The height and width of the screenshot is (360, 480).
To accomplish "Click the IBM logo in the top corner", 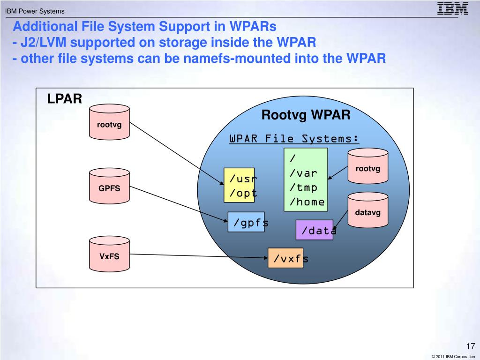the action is tap(452, 8).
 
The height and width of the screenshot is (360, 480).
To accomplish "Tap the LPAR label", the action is tap(65, 99).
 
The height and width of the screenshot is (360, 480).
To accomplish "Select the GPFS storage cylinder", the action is tap(109, 186).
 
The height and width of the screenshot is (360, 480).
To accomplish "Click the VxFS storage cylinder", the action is tap(109, 254).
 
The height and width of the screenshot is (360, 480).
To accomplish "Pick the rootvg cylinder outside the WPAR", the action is tap(109, 122).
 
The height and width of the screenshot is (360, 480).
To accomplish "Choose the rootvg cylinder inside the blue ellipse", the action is tap(368, 166).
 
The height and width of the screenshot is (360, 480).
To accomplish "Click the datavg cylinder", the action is tap(368, 210).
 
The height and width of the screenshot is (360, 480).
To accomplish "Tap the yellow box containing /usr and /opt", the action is tap(239, 185).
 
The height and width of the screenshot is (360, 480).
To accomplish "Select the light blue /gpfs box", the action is tap(246, 222).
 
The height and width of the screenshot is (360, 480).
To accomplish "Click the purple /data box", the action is tap(315, 230).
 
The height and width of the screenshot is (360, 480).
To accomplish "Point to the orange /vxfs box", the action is tap(285, 258).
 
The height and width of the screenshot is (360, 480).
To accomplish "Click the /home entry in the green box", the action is tap(307, 202).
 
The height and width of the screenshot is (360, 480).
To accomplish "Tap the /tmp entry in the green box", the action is tap(303, 187).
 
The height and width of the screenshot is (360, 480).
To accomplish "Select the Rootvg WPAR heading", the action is tap(306, 115).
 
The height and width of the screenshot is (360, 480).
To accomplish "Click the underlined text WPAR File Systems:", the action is tap(294, 139).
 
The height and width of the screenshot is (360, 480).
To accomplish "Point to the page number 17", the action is tap(471, 346).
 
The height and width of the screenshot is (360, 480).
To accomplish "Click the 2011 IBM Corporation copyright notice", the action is tap(453, 357).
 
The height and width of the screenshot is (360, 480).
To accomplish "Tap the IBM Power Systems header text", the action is tap(35, 11).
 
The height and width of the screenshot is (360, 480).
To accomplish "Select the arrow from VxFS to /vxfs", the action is tap(199, 256).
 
